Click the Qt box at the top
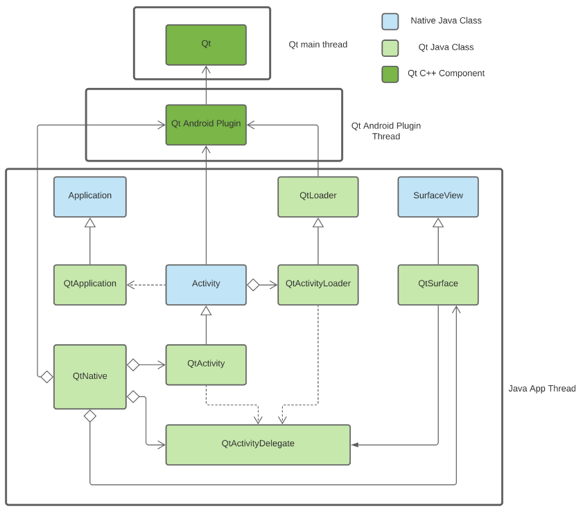206,45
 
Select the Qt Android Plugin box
206,125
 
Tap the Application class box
90,197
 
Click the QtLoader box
318,197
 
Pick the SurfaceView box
438,197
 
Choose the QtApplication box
90,285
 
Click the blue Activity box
206,285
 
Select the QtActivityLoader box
318,285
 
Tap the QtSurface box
438,285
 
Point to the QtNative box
90,377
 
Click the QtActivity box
206,364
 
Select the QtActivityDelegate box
258,445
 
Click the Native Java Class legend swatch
390,21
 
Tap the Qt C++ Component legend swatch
390,74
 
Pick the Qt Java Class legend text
446,47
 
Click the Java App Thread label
542,389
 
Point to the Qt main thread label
317,44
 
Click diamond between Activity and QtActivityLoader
253,285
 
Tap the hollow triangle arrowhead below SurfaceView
438,222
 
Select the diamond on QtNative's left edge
46,377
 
